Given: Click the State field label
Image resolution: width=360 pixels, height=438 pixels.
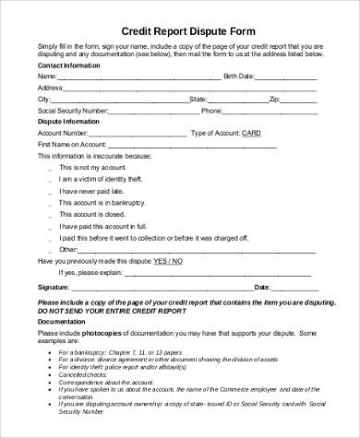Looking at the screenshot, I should coord(198,99).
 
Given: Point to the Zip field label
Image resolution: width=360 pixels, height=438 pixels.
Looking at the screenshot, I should coord(274,99).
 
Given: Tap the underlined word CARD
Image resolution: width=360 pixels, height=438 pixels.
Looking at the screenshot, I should coord(251,133).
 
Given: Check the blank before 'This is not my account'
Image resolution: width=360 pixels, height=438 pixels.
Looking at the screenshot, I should coord(49,168).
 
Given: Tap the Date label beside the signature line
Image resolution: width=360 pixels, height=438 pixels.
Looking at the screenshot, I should coord(262,287).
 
